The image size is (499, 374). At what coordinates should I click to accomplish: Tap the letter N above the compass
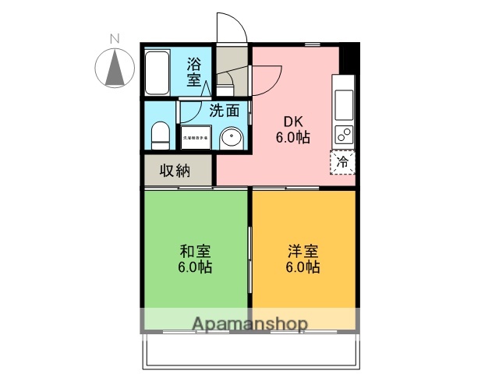point(115,38)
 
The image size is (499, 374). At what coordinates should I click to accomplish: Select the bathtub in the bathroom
point(160,72)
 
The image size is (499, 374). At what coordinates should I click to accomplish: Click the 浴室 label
point(194,72)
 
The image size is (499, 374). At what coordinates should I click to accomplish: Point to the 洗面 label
point(223,111)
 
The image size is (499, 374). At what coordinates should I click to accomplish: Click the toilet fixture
point(160,134)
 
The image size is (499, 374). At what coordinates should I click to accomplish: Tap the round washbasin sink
point(232,139)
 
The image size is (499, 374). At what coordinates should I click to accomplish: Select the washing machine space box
point(195,137)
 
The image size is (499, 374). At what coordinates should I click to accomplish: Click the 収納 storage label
point(175,171)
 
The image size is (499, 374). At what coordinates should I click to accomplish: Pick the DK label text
point(292,122)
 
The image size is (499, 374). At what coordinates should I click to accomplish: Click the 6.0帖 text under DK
point(292,137)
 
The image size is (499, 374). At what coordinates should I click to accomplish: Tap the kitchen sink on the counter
point(344,100)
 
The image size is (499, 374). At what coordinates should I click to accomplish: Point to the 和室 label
point(195,251)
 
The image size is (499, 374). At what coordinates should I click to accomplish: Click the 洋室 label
point(302,251)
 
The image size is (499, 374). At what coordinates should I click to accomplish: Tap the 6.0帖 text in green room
point(195,266)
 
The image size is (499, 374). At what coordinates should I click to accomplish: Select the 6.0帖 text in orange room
point(302,266)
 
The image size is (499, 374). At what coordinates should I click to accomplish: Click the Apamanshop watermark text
point(249,323)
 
